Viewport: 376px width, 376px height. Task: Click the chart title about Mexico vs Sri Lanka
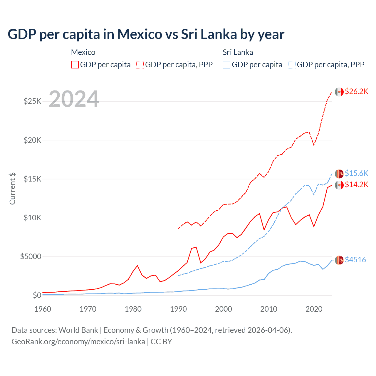pyautogui.click(x=146, y=34)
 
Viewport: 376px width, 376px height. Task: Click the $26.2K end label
pyautogui.click(x=356, y=91)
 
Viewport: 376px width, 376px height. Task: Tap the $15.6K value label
pyautogui.click(x=356, y=173)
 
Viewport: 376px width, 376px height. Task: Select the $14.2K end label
pyautogui.click(x=356, y=184)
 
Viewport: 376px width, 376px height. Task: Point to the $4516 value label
pyautogui.click(x=355, y=260)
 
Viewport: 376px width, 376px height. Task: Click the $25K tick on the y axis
pyautogui.click(x=32, y=101)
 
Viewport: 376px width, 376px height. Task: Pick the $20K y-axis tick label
pyautogui.click(x=32, y=140)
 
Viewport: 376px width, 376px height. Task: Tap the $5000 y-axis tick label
pyautogui.click(x=31, y=256)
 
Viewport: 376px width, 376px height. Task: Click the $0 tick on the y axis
pyautogui.click(x=37, y=295)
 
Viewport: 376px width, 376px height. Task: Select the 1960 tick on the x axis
pyautogui.click(x=43, y=309)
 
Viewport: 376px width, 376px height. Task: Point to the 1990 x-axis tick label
pyautogui.click(x=178, y=309)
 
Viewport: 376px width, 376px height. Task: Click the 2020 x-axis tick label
pyautogui.click(x=314, y=309)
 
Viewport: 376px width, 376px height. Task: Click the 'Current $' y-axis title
pyautogui.click(x=12, y=189)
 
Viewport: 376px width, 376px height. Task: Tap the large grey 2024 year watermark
pyautogui.click(x=74, y=99)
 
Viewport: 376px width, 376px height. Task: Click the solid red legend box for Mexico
pyautogui.click(x=75, y=65)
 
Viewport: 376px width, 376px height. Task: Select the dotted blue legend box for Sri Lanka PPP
pyautogui.click(x=292, y=65)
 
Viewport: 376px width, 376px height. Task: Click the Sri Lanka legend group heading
pyautogui.click(x=238, y=52)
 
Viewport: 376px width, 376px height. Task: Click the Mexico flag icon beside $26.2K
pyautogui.click(x=339, y=92)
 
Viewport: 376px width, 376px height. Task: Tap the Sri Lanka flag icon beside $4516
pyautogui.click(x=339, y=260)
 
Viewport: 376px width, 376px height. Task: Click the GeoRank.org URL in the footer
pyautogui.click(x=78, y=342)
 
